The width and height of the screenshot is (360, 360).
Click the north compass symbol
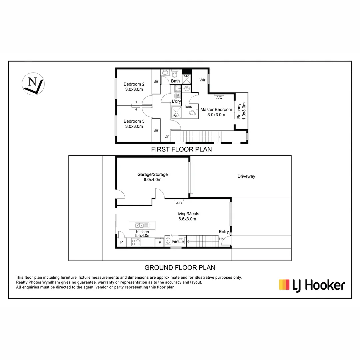click(x=33, y=84)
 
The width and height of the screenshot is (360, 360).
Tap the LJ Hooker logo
click(x=312, y=285)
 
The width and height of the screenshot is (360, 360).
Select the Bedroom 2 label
click(x=134, y=87)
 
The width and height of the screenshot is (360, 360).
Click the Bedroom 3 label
click(x=134, y=124)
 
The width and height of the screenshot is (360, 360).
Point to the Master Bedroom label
click(x=216, y=112)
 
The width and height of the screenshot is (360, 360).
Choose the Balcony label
click(x=241, y=111)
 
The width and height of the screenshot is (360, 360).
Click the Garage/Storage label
click(x=152, y=177)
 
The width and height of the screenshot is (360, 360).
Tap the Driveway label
click(x=246, y=176)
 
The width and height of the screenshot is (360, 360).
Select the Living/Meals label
click(x=187, y=216)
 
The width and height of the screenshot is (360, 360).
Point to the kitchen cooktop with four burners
click(x=136, y=242)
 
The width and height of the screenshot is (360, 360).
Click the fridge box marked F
click(x=160, y=243)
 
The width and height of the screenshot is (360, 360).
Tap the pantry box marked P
click(x=121, y=243)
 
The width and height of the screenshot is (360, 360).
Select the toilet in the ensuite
click(x=193, y=113)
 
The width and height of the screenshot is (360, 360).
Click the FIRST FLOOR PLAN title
click(x=181, y=149)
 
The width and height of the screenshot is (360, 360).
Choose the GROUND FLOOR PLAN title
click(x=180, y=267)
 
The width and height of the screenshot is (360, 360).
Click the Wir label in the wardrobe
click(x=202, y=80)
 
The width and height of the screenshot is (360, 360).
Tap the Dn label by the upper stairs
click(x=167, y=136)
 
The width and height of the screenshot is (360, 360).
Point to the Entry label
click(x=224, y=232)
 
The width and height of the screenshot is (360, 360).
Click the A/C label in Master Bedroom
click(x=219, y=98)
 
